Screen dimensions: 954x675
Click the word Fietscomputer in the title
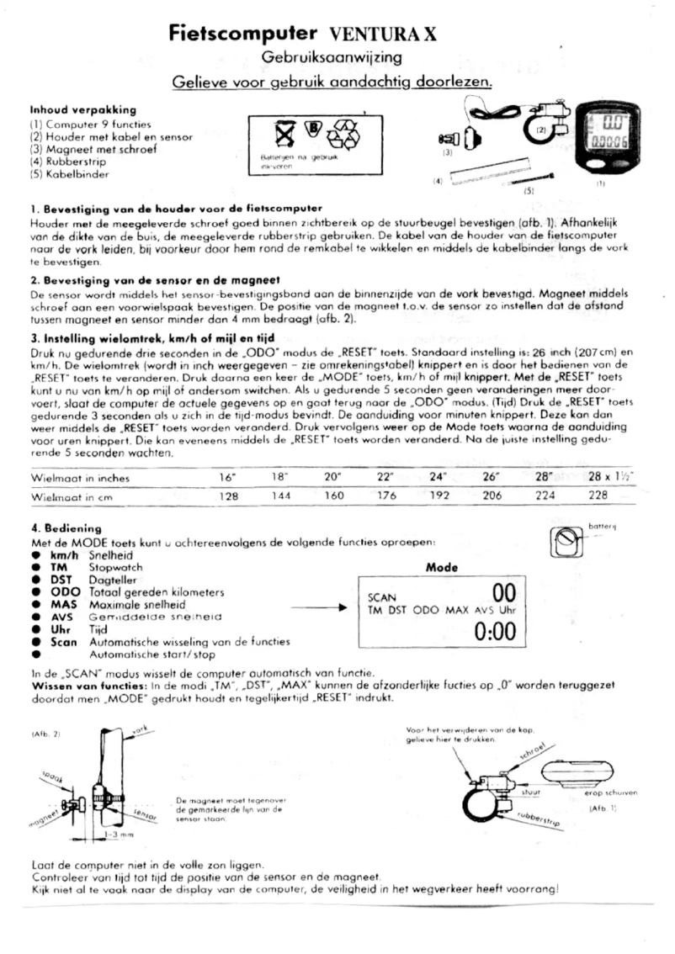click(x=239, y=34)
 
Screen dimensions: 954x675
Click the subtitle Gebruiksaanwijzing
click(x=331, y=57)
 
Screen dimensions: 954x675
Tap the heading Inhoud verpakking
click(x=83, y=109)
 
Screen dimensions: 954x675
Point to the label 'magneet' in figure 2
click(x=45, y=815)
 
